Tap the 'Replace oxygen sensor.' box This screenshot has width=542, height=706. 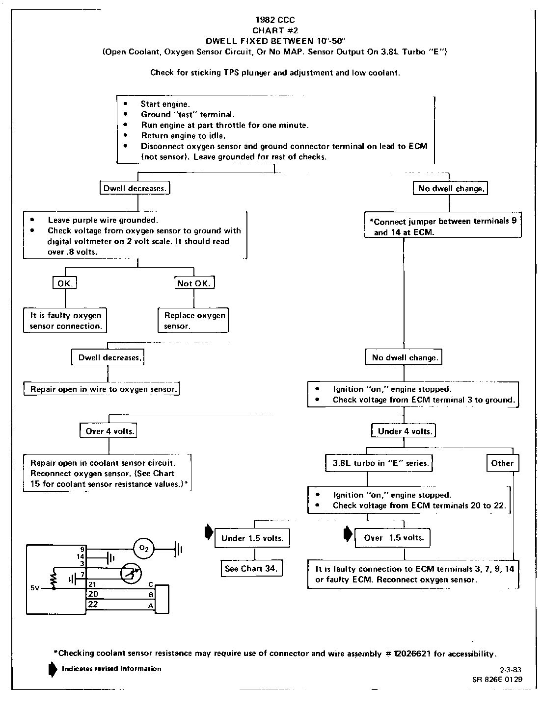(x=193, y=321)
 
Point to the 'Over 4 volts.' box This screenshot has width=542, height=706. (x=108, y=431)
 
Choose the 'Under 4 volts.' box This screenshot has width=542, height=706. (x=405, y=431)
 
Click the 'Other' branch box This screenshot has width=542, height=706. (x=502, y=463)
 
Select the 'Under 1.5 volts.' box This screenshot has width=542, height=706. (x=252, y=538)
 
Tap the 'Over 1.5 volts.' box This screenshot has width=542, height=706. (x=393, y=538)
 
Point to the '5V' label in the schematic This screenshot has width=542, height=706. (x=35, y=587)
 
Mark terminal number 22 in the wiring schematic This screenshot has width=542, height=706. (x=93, y=605)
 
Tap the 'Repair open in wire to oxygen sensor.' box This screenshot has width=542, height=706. (x=102, y=389)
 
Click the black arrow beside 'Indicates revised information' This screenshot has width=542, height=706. (x=52, y=670)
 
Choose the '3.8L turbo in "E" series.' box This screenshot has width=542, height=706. (x=379, y=463)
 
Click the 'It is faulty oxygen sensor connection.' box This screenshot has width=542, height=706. (x=65, y=321)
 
